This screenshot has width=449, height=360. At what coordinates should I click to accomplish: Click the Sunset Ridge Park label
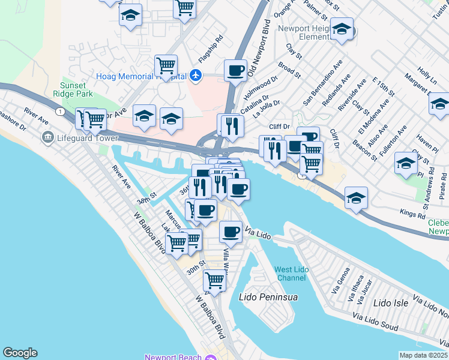coord(76,90)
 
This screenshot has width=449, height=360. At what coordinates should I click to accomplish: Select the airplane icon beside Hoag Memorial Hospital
coord(196,77)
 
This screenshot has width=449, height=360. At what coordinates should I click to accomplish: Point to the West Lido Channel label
coord(292,274)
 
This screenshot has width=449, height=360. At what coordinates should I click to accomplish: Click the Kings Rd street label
coord(412,213)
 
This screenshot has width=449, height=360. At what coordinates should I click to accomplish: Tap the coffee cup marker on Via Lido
coord(231,232)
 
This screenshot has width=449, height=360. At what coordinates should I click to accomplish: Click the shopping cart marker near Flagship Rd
coord(166,65)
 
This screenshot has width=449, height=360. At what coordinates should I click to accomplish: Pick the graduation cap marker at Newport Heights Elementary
coord(342,29)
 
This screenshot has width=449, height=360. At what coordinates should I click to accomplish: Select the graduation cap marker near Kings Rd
coord(357,198)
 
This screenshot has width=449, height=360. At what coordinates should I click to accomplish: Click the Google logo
coord(20,353)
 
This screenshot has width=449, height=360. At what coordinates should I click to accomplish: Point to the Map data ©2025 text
coord(423,355)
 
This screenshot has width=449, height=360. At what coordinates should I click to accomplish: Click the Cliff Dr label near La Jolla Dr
coord(280,127)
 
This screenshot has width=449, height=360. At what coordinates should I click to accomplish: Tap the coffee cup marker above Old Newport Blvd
coord(235,70)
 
